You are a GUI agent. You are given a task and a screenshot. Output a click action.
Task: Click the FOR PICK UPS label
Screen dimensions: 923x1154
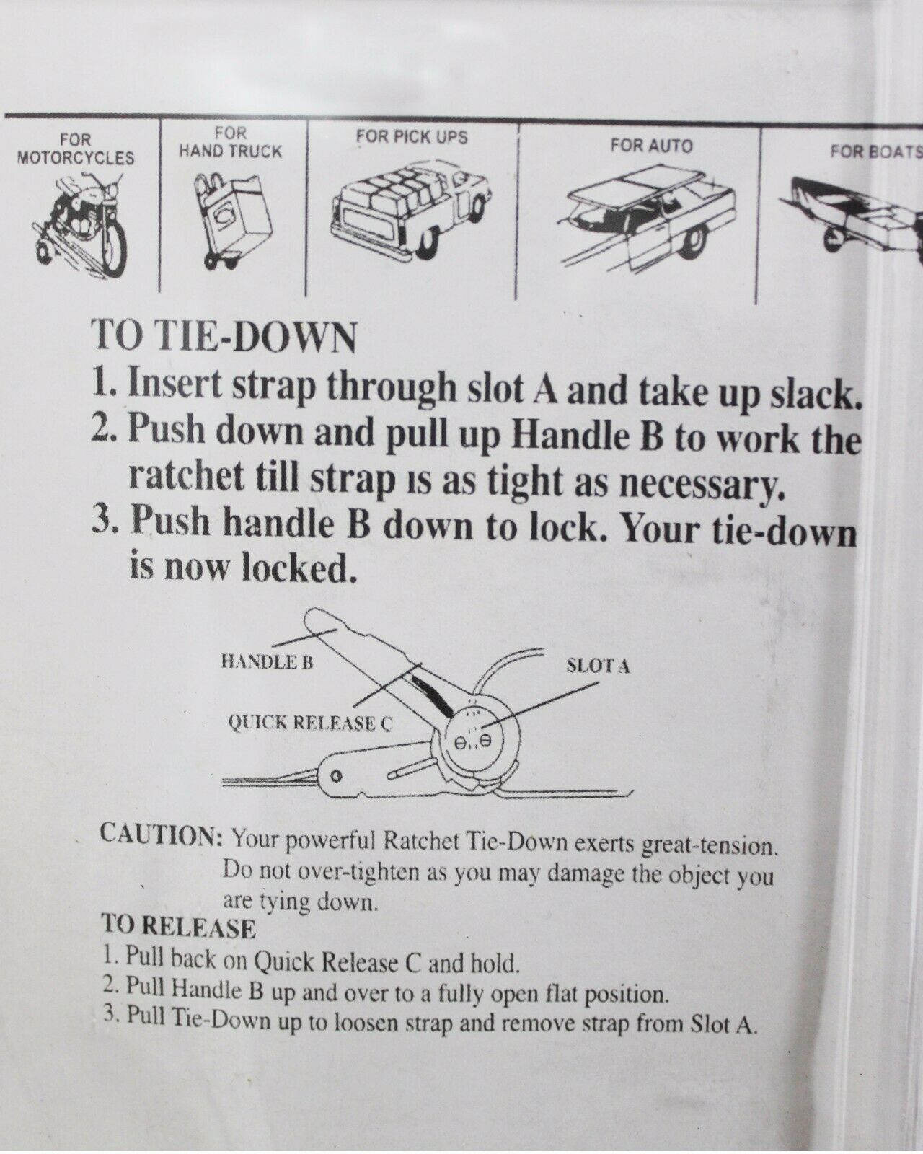coord(412,136)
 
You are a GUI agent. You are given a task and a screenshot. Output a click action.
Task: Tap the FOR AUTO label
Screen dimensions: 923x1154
coord(652,145)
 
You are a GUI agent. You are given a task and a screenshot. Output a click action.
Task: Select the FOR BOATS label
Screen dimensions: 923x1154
coord(876,151)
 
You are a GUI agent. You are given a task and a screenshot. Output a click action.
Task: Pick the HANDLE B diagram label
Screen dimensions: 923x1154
coord(267,663)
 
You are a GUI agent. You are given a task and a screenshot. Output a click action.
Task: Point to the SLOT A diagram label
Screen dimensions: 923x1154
coord(598,666)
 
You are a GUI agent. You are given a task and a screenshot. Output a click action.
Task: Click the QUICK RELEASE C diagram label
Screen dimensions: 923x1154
coord(311,724)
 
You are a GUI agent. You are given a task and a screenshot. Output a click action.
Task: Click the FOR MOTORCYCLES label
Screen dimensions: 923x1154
coord(76,149)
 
